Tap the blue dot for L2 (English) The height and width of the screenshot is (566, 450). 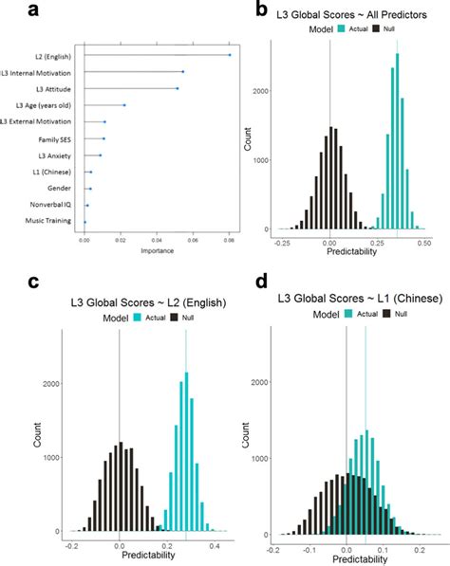229,55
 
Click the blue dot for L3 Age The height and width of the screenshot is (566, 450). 124,105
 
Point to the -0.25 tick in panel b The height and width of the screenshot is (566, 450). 282,244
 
